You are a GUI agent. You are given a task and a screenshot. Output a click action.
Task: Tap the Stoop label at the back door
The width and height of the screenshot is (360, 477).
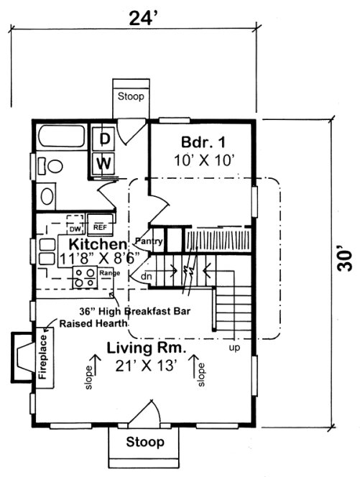point(131,96)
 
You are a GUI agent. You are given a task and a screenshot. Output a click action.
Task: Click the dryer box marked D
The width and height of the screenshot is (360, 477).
point(104,138)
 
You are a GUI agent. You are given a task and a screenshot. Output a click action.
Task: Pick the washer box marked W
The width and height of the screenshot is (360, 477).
point(104,163)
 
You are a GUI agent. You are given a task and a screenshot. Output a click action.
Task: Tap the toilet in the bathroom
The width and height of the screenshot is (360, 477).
point(49,165)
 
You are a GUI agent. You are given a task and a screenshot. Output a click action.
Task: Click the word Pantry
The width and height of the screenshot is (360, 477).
point(149,241)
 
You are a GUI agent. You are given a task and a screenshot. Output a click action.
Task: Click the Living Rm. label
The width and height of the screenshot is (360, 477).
point(147,348)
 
